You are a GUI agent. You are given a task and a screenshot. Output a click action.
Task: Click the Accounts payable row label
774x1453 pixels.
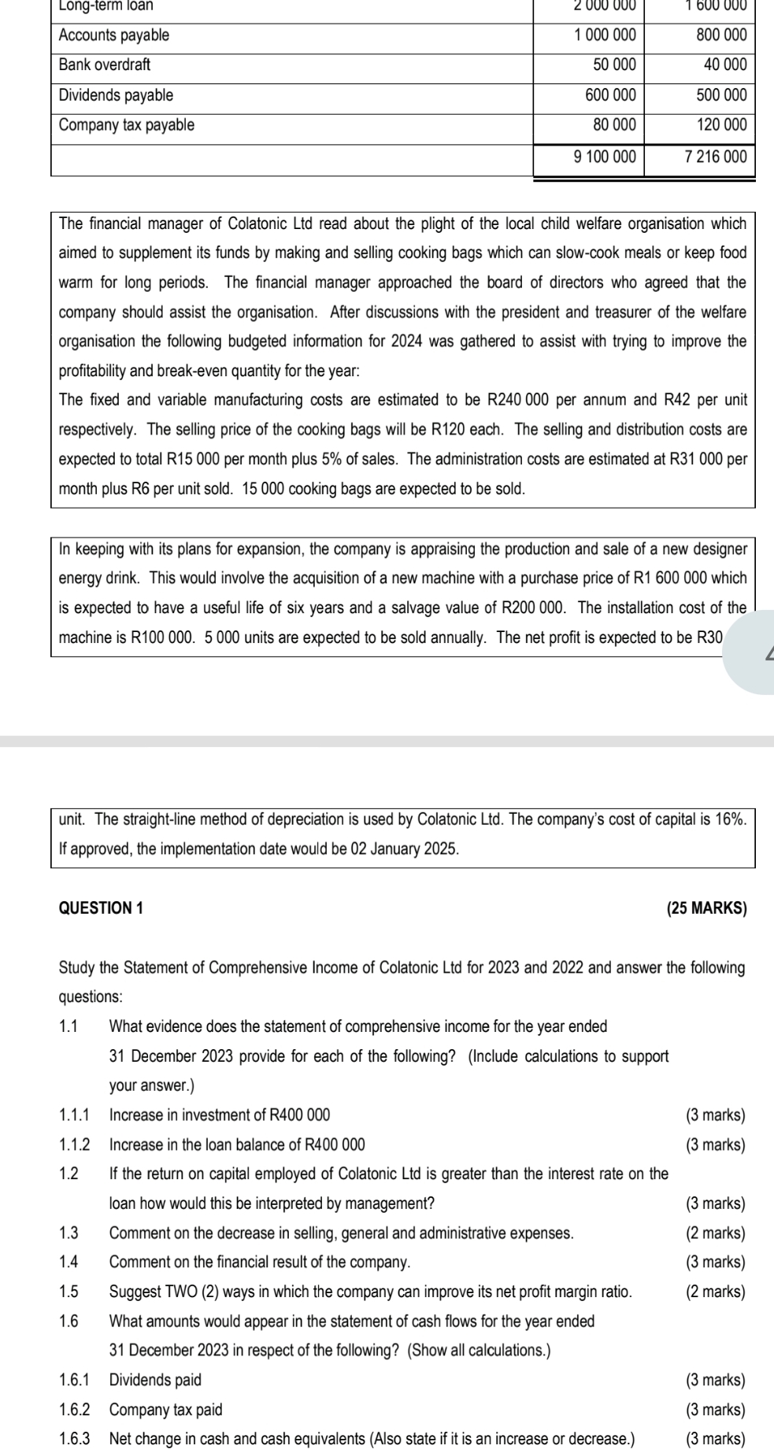click(114, 35)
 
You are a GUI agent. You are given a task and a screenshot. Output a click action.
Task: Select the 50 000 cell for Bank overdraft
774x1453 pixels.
click(614, 65)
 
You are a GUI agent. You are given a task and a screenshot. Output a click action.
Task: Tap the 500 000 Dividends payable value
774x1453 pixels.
click(721, 95)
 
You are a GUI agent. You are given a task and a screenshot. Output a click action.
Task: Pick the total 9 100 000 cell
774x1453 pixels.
click(604, 157)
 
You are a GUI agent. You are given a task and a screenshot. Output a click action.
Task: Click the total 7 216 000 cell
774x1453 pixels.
click(715, 157)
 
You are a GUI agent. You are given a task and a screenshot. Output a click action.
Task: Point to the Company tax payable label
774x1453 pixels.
click(127, 125)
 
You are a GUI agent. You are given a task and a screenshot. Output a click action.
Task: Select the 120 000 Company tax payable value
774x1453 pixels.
click(721, 125)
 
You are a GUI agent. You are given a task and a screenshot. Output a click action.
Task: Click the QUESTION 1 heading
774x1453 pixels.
click(102, 908)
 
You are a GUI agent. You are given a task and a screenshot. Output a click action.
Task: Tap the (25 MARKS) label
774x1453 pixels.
click(706, 908)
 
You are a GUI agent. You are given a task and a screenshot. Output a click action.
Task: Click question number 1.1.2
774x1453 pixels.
click(75, 1144)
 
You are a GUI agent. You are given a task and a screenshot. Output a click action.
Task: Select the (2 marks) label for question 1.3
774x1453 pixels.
click(715, 1233)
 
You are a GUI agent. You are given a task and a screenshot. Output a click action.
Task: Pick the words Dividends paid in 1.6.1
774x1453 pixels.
click(155, 1380)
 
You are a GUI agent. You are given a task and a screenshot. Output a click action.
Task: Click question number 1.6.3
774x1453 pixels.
click(75, 1439)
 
